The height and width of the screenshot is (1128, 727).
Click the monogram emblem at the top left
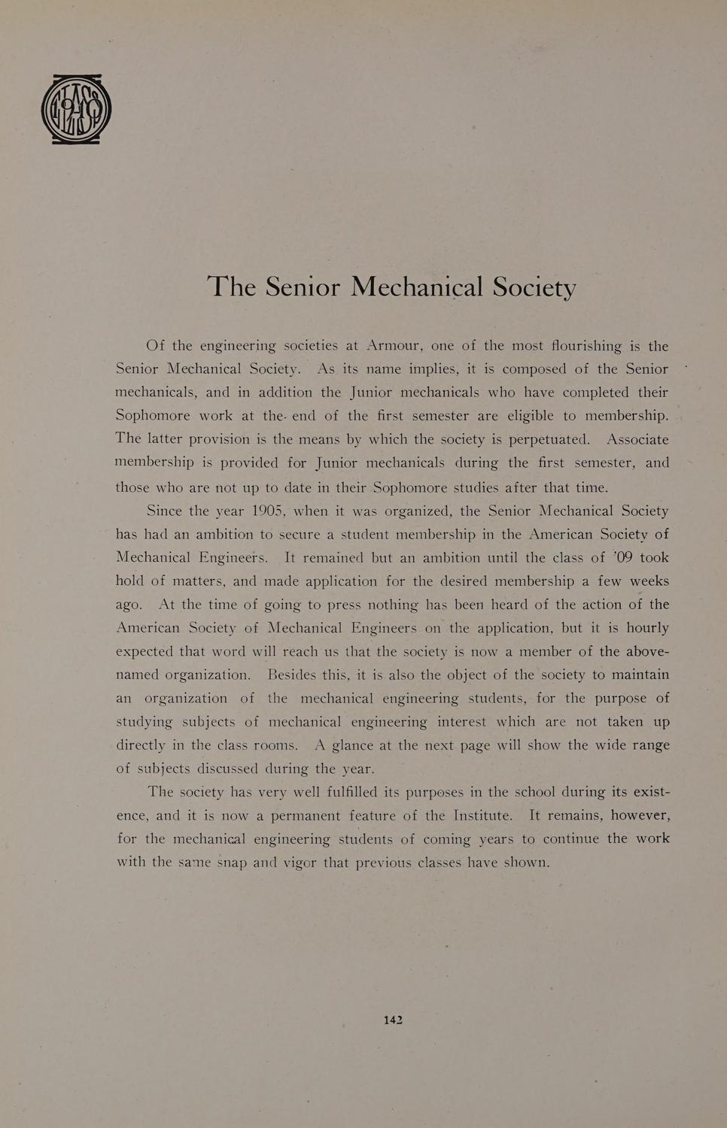coord(76,109)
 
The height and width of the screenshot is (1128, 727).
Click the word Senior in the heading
coord(303,287)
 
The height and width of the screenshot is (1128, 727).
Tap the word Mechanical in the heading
coord(417,287)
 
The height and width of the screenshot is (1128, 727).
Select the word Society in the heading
coord(534,287)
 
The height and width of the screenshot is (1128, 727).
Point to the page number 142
coord(393,1020)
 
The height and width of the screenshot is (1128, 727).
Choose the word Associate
coord(637,439)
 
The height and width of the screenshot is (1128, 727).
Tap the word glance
coord(357,745)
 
